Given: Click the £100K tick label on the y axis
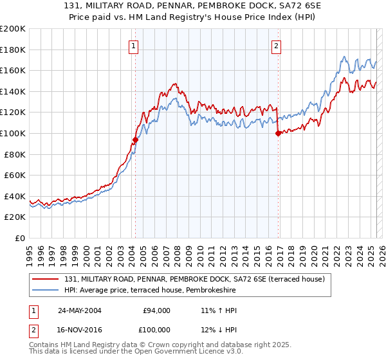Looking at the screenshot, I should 13,133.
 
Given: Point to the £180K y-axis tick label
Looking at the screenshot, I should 13,50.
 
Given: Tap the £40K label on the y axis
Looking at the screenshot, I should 15,196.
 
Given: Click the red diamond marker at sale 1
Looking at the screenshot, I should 135,139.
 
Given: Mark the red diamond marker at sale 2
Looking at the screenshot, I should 278,134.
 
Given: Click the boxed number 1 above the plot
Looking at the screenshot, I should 133,45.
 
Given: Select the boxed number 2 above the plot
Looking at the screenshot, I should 276,45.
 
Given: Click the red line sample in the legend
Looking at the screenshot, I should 45,280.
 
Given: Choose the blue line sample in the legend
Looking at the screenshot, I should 45,291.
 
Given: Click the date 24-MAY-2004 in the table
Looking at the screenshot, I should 80,310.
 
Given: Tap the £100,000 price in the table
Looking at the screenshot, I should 156,330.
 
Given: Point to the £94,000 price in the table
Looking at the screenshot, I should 156,310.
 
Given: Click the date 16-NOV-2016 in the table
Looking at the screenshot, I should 80,330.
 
